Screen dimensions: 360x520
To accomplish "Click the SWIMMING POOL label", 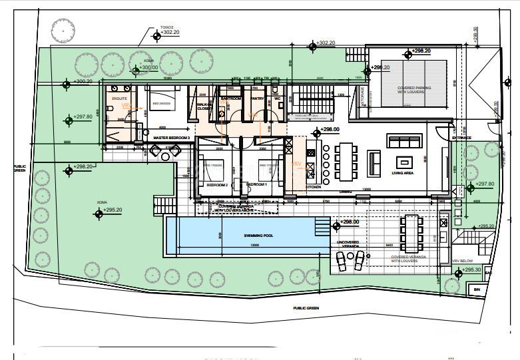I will (242, 236).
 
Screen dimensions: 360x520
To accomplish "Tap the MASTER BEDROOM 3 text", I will (172, 138).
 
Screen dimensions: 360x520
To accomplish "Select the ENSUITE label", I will (120, 98).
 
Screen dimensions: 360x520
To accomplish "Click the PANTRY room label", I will (257, 98).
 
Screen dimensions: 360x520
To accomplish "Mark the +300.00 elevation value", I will (148, 67).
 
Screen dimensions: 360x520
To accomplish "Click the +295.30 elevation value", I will (471, 270).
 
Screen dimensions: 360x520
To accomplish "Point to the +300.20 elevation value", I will (83, 81).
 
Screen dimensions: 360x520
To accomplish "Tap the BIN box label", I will (475, 289).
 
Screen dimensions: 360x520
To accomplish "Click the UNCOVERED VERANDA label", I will (349, 243).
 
